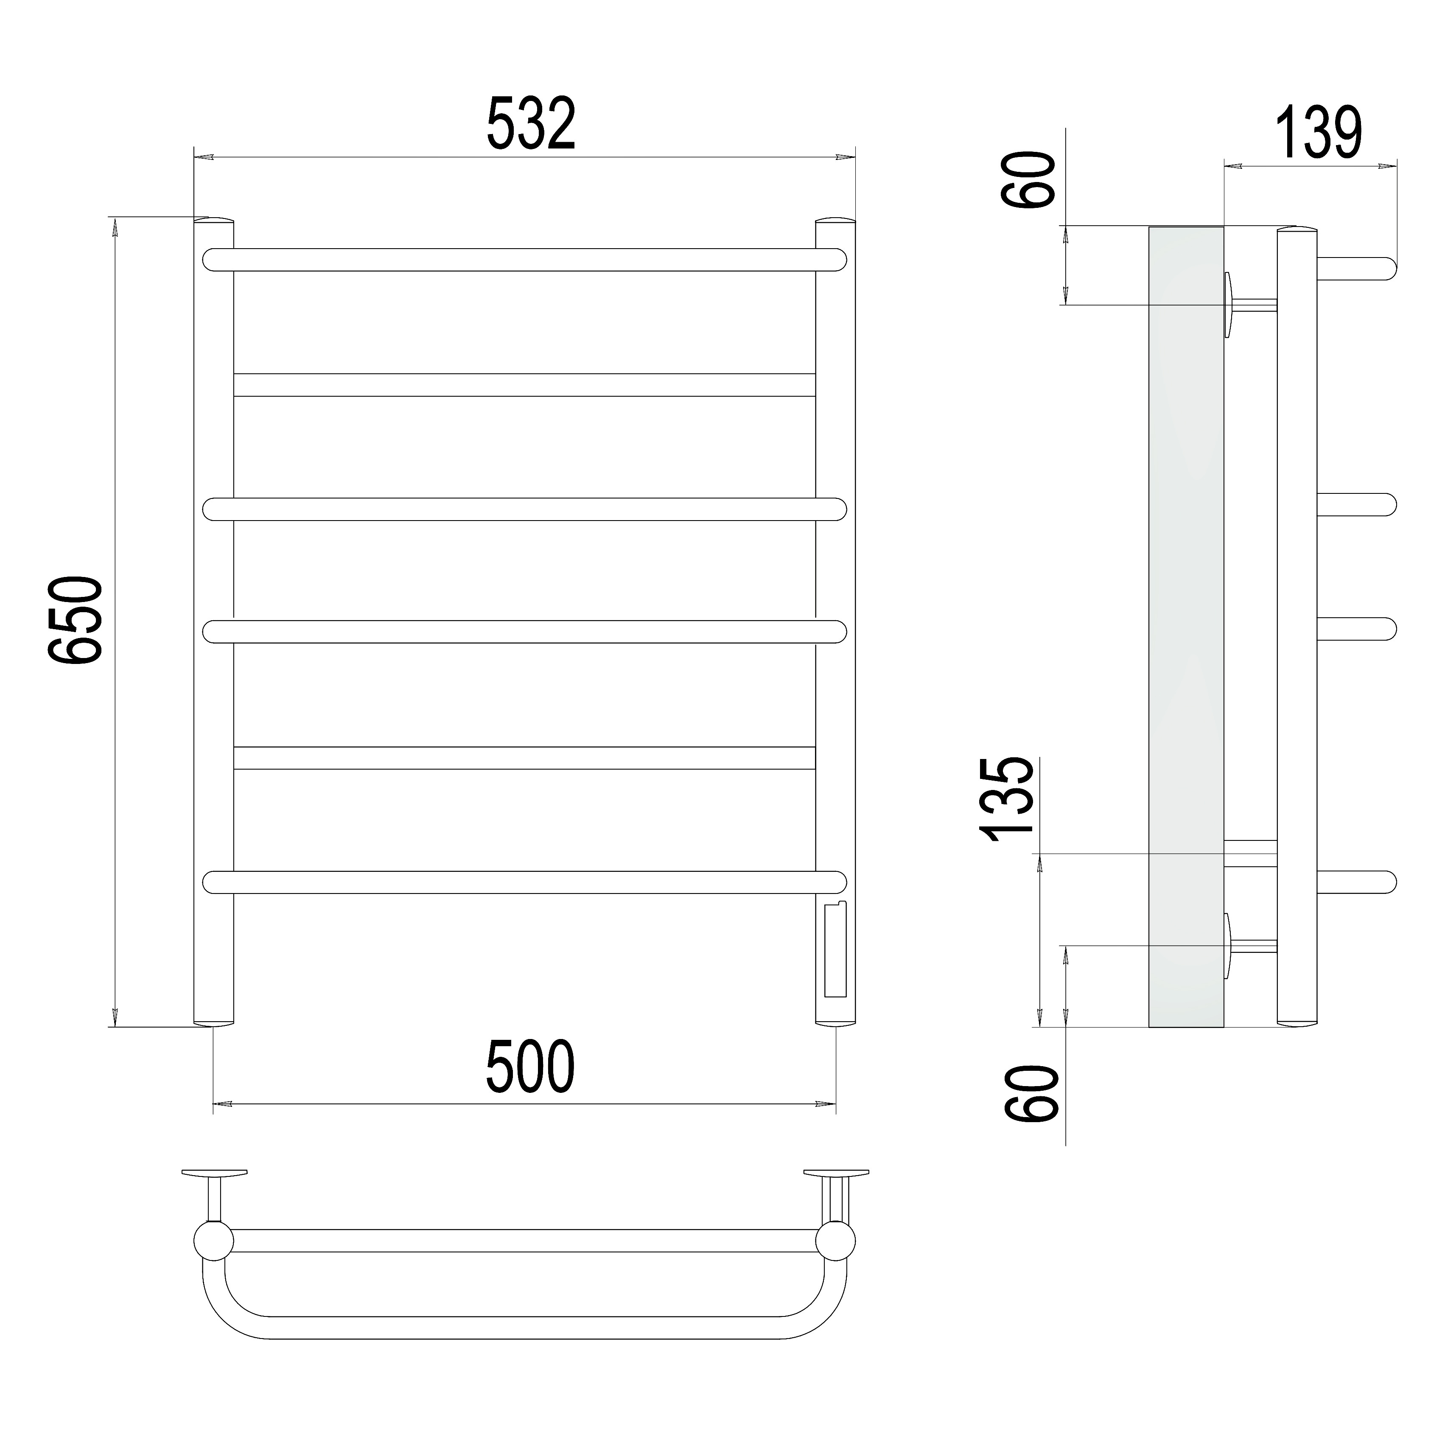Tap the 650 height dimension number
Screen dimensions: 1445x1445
pyautogui.click(x=75, y=620)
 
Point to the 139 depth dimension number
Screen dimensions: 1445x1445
pyautogui.click(x=1317, y=133)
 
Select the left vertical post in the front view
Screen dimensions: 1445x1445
pyautogui.click(x=214, y=621)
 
